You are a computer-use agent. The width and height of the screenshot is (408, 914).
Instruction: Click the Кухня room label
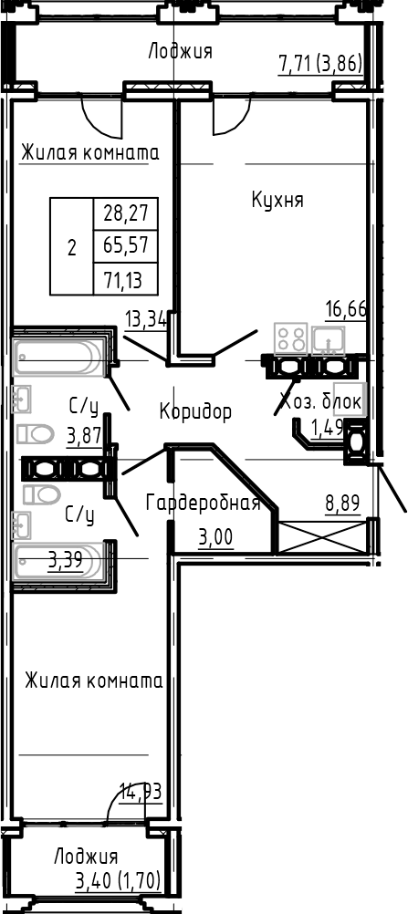tap(277, 200)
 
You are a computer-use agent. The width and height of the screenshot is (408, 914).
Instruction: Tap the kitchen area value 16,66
tap(346, 307)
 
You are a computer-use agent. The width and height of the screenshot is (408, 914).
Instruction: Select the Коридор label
tap(195, 411)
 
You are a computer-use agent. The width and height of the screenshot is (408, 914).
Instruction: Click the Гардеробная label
tap(204, 503)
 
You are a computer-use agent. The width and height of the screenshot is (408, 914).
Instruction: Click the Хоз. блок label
tap(320, 400)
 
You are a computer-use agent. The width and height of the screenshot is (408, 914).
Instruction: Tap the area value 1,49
tap(327, 426)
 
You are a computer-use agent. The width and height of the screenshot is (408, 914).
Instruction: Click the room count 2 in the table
tap(72, 247)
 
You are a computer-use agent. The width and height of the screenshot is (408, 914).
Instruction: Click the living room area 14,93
tap(141, 791)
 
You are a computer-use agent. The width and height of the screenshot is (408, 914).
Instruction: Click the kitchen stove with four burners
tap(291, 339)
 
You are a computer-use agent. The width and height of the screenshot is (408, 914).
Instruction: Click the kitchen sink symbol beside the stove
tap(327, 339)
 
